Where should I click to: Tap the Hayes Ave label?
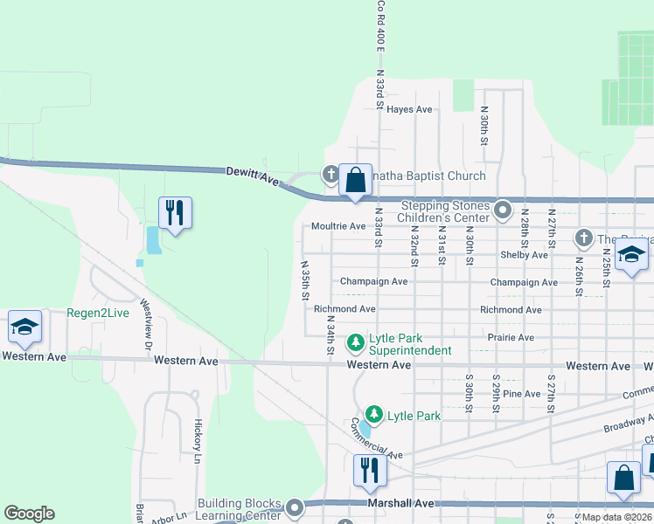click(410, 109)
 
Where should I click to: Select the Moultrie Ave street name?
click(338, 226)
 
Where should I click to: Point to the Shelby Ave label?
click(524, 254)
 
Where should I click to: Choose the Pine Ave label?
click(522, 394)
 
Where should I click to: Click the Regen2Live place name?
click(97, 313)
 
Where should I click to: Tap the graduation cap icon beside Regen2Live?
click(25, 327)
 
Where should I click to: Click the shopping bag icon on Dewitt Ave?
click(356, 182)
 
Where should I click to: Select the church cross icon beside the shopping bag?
click(331, 175)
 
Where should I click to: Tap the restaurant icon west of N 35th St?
click(175, 212)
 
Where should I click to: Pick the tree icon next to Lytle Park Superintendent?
click(356, 341)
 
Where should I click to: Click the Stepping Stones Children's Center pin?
click(503, 210)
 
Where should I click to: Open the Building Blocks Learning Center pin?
click(295, 507)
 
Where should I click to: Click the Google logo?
click(29, 514)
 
